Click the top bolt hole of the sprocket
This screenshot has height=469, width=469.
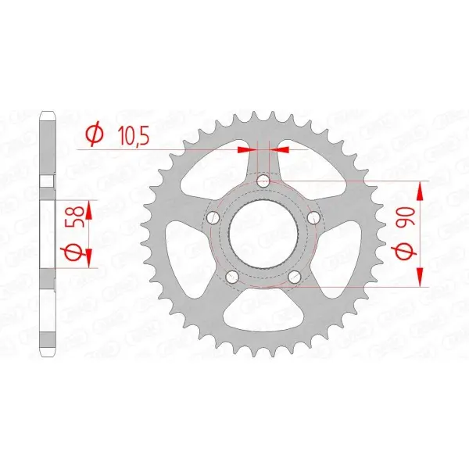click(264, 181)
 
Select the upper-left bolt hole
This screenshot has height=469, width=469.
click(213, 217)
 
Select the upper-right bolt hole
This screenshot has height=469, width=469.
click(313, 217)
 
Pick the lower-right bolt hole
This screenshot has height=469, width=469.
click(295, 277)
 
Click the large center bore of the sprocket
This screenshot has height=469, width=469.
click(263, 234)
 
